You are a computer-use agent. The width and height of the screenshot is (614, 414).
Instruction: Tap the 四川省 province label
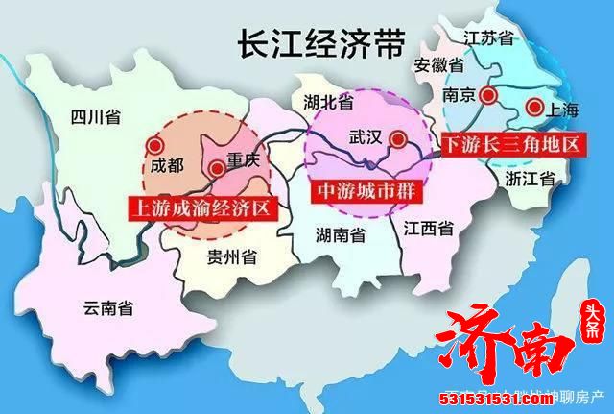click(96, 118)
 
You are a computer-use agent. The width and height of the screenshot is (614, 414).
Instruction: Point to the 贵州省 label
click(230, 257)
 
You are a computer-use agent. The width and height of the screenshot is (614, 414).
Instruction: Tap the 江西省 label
click(429, 229)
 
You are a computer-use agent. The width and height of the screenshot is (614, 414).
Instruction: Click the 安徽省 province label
click(439, 66)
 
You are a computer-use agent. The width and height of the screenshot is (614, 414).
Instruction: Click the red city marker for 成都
click(153, 145)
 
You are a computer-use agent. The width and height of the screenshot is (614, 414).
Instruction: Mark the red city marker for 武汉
click(396, 137)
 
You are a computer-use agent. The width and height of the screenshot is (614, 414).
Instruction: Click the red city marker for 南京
click(490, 95)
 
